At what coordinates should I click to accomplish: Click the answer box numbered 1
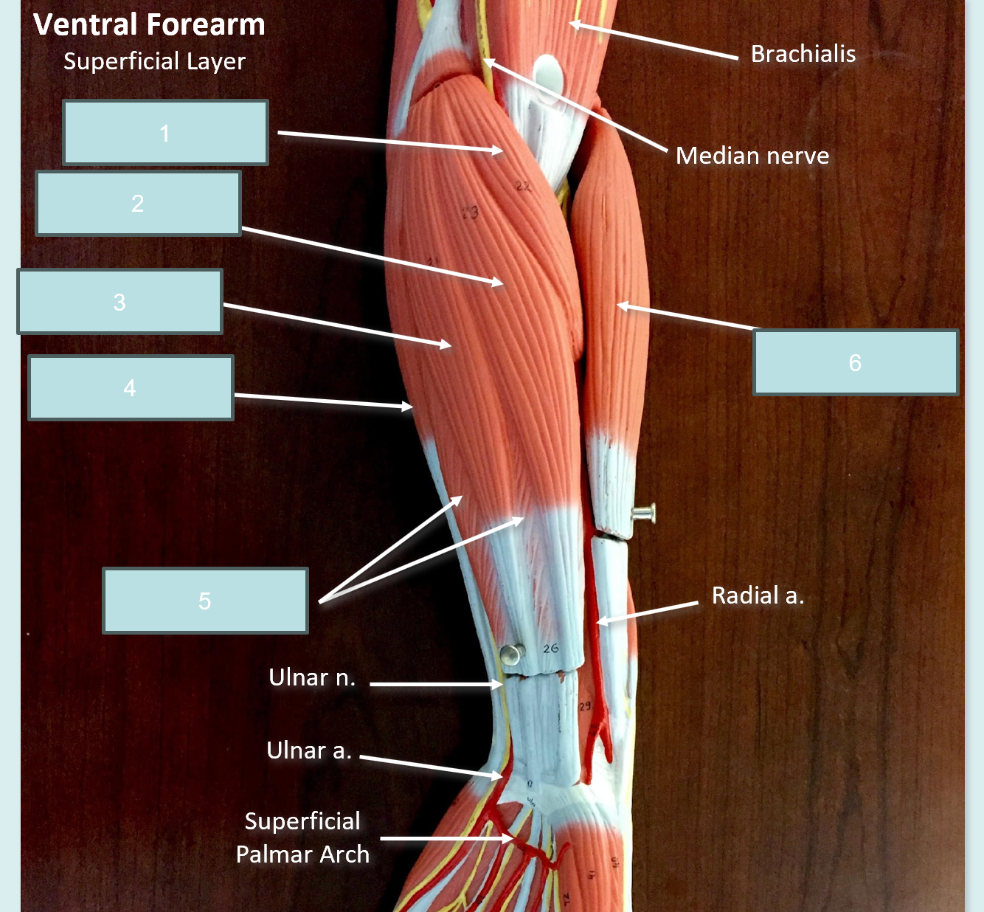coord(165,132)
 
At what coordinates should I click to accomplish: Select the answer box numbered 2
coord(138,203)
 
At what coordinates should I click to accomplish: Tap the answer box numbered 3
coord(120,301)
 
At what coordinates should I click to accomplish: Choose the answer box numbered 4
coord(131,387)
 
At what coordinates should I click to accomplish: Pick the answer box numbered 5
coord(205,600)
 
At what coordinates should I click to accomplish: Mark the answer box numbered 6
coord(856,362)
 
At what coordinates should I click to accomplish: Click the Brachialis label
coord(803,54)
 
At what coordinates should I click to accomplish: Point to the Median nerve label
coord(752,156)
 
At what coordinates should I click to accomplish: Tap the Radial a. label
coord(758,595)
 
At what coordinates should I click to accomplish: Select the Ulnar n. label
coord(312,677)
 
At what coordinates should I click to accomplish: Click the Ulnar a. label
coord(309,750)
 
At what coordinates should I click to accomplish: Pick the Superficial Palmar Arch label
coord(302,837)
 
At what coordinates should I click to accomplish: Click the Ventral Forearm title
coord(149,24)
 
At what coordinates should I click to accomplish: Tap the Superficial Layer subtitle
coord(155,62)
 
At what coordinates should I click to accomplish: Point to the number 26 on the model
coord(550,649)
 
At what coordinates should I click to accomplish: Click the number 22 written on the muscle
coord(523,187)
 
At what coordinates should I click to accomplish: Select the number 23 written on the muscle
coord(470,213)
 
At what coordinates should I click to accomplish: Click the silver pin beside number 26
coord(513,654)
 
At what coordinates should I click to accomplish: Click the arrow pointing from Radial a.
coord(647,612)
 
